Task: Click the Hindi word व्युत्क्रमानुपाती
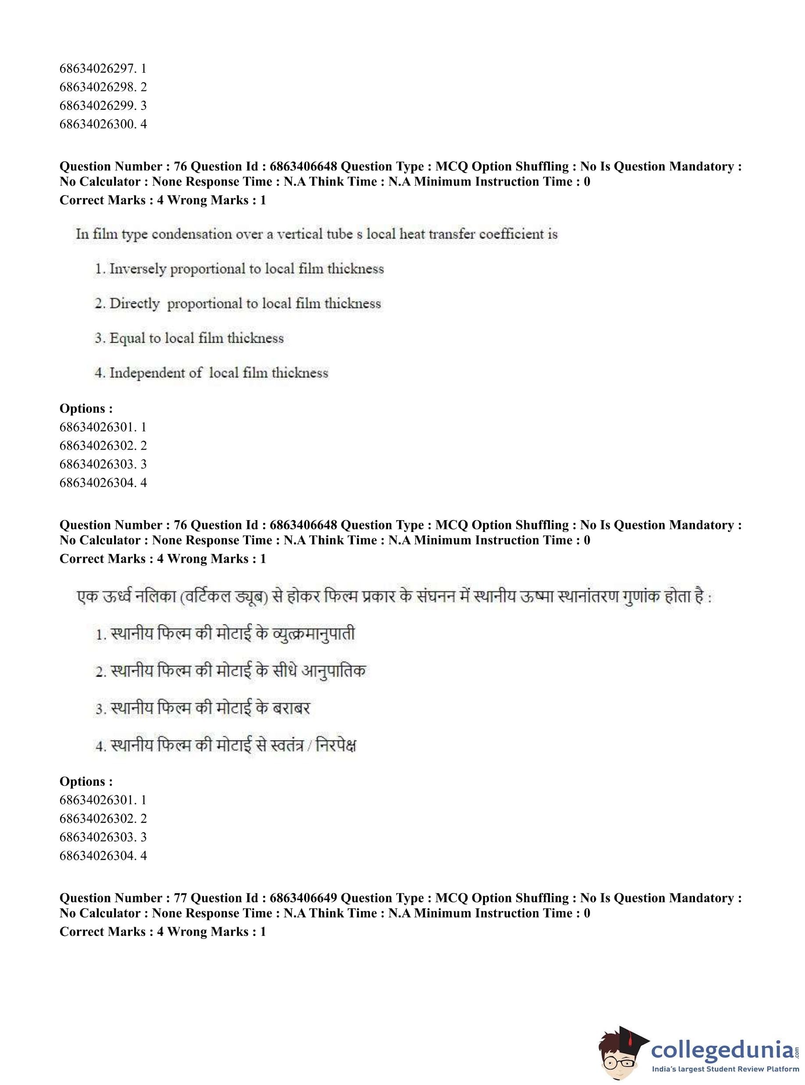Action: [x=314, y=635]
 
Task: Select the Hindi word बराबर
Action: [x=291, y=709]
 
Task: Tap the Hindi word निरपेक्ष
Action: [x=336, y=745]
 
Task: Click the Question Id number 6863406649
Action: [x=303, y=897]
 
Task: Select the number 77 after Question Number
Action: [x=180, y=897]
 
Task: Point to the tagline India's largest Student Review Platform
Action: [x=726, y=1069]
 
